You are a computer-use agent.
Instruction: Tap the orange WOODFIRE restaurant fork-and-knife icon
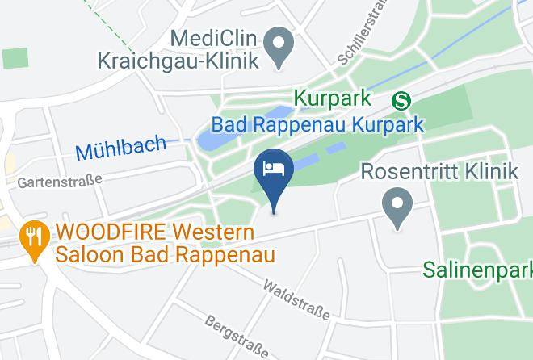click(x=33, y=236)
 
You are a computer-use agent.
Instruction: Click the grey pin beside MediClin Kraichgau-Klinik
click(x=280, y=47)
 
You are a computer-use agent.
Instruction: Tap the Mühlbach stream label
click(x=120, y=148)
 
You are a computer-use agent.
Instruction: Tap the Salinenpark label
click(x=477, y=269)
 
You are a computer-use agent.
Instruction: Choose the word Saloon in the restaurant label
click(x=91, y=256)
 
